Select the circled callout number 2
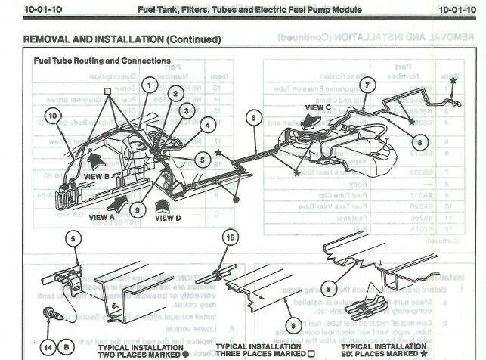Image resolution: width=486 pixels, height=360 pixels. click(175, 94)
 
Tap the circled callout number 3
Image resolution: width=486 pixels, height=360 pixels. click(186, 110)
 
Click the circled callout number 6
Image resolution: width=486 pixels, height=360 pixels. click(253, 117)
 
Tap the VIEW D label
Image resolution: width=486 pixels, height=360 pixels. click(169, 217)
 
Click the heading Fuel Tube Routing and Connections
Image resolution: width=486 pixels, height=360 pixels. click(102, 61)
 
